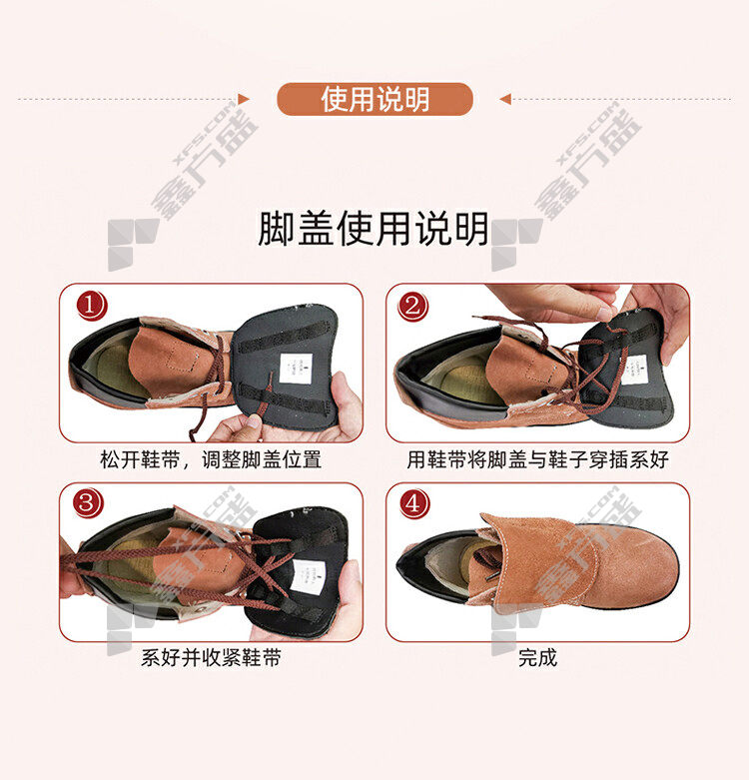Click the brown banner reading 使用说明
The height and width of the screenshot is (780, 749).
[x=374, y=99]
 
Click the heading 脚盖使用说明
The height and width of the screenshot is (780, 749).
[x=374, y=229]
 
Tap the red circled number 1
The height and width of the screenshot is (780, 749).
[x=91, y=305]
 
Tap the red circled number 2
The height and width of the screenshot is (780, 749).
[x=412, y=305]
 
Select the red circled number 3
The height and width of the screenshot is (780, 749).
[x=88, y=502]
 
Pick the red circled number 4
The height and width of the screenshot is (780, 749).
[x=413, y=503]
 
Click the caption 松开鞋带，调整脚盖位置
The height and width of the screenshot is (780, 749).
[x=211, y=459]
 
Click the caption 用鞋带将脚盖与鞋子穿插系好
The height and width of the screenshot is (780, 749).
[x=537, y=459]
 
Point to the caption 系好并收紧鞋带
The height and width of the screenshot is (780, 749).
[x=211, y=657]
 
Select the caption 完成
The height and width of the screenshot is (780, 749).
[x=537, y=657]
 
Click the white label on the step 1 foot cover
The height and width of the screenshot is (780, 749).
[x=296, y=369]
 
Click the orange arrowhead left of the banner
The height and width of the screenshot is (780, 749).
[x=244, y=99]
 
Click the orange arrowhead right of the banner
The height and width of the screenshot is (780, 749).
[x=505, y=99]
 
